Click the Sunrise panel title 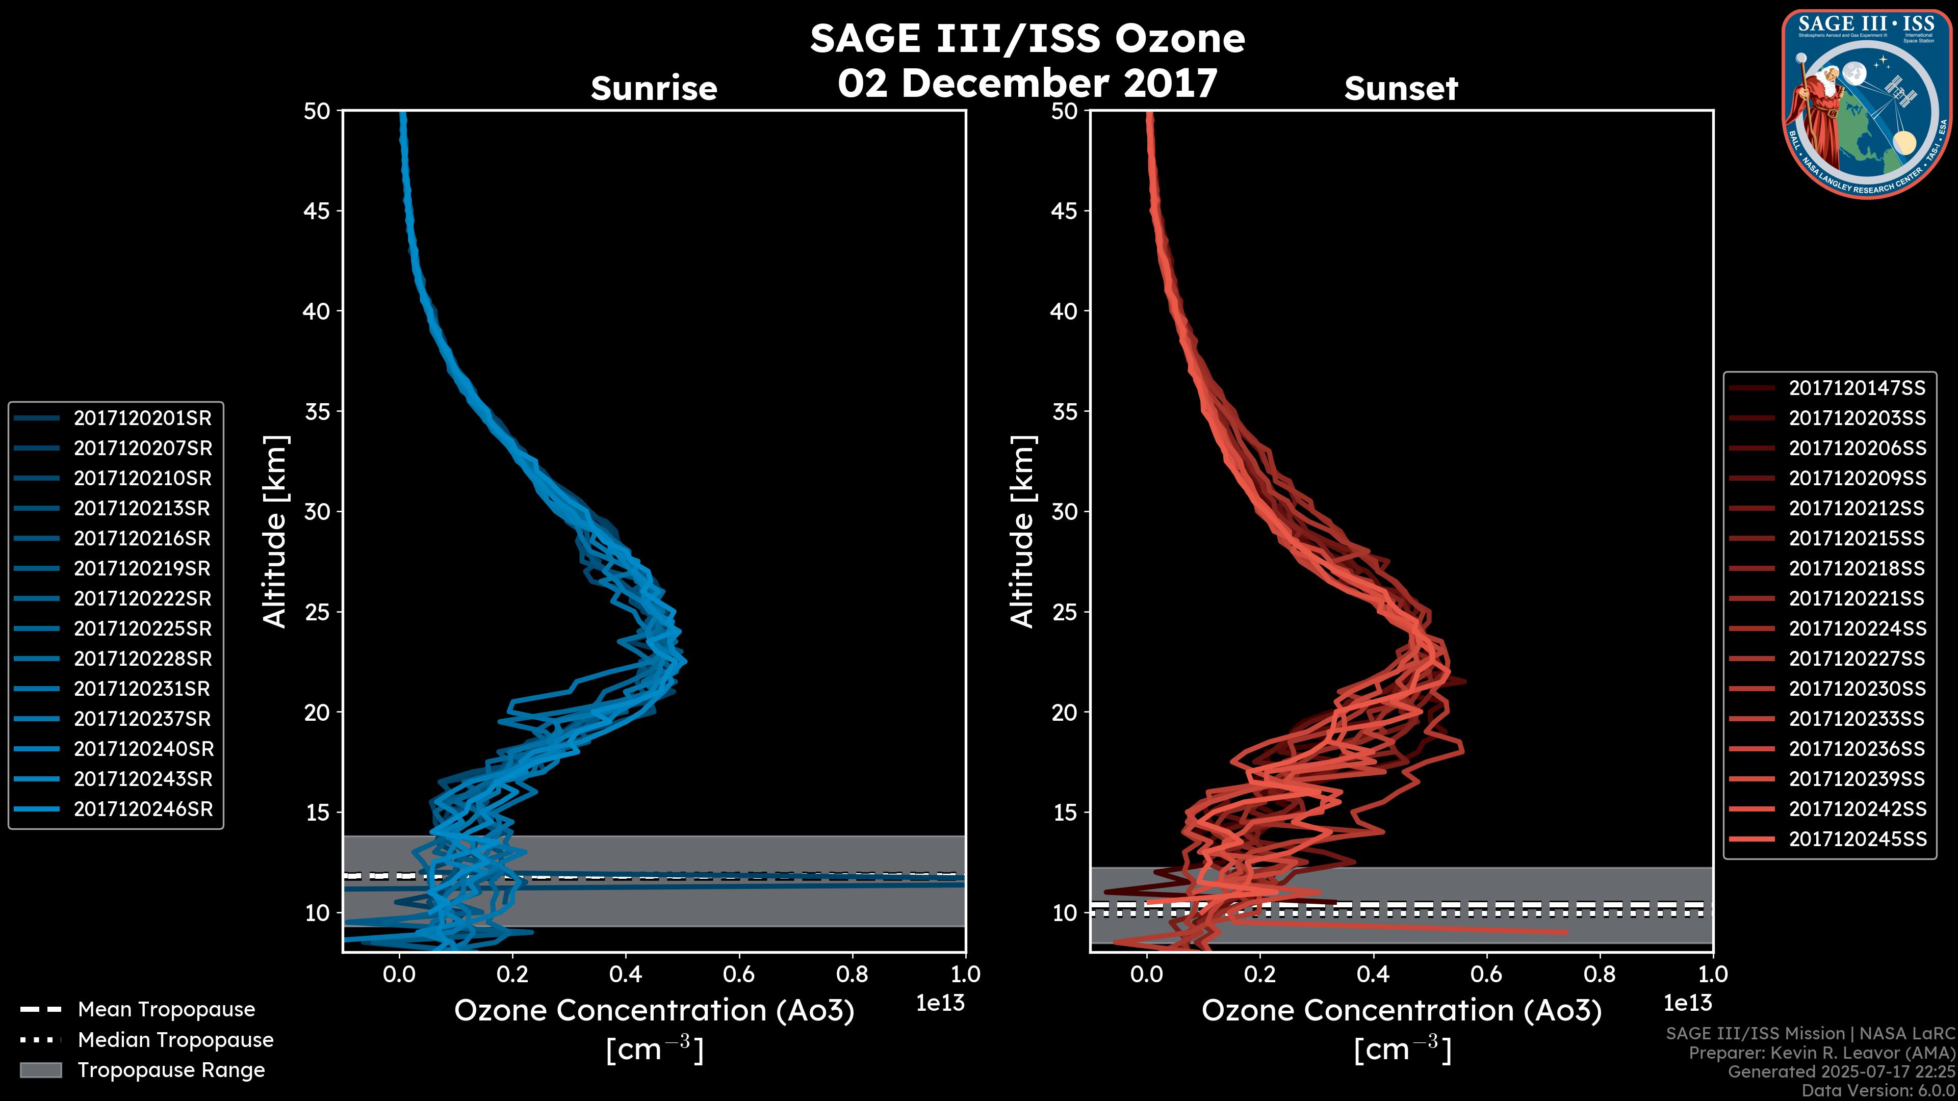(654, 89)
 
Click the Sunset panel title (1401, 89)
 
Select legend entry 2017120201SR (142, 418)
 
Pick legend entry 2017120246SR (143, 809)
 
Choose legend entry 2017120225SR (142, 628)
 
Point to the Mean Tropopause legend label (166, 1009)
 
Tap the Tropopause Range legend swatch (40, 1070)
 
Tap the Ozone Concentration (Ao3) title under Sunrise (654, 1011)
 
